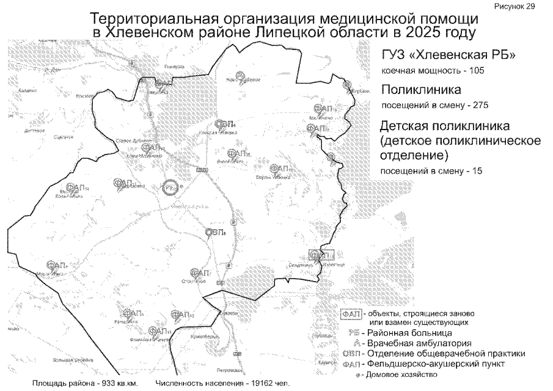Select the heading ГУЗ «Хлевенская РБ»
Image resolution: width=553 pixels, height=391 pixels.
point(448,56)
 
